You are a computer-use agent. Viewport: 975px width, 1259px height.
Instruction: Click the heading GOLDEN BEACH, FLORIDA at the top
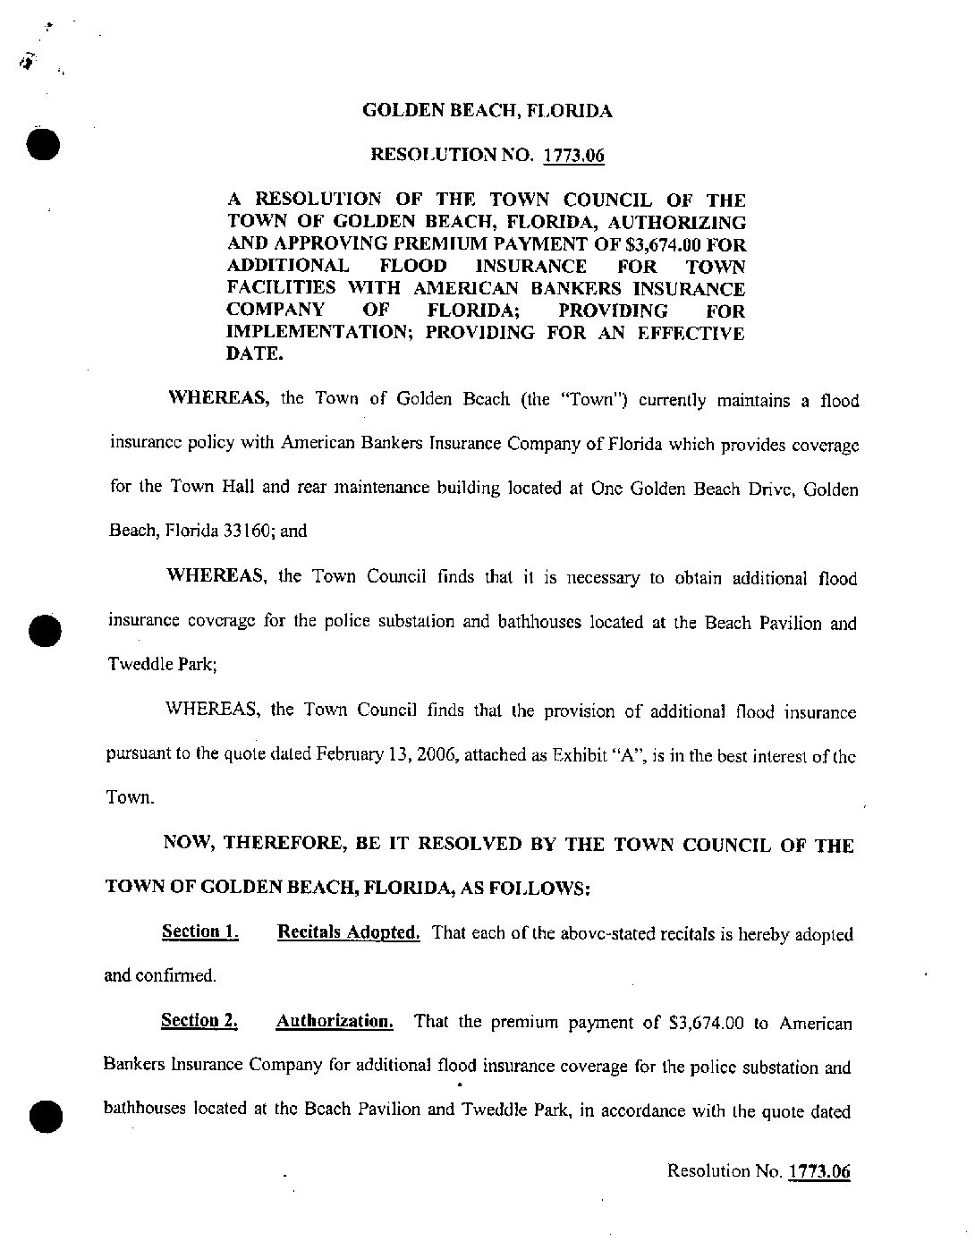point(487,112)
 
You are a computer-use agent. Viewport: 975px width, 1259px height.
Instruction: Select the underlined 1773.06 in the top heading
point(573,156)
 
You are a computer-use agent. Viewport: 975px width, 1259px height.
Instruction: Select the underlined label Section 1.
point(199,931)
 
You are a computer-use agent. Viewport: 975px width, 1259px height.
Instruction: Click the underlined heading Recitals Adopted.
point(349,931)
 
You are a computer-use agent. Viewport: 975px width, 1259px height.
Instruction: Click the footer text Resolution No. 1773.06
point(759,1171)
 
